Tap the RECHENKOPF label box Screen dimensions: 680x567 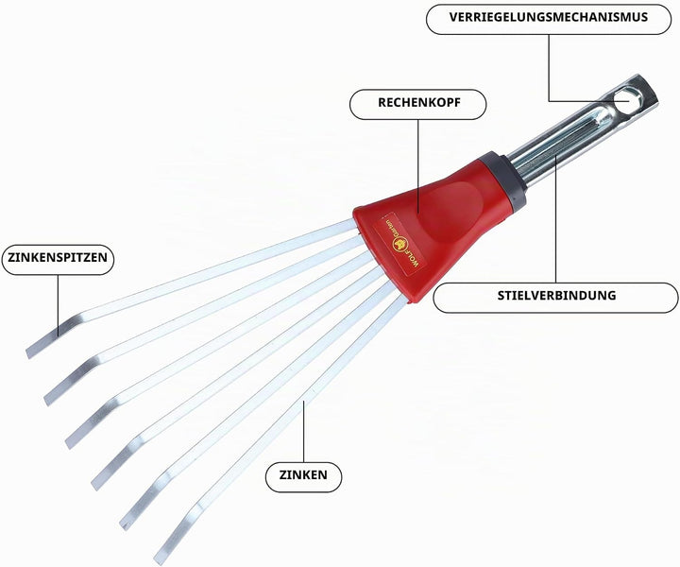[x=418, y=104]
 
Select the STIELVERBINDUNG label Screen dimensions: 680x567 [x=555, y=298]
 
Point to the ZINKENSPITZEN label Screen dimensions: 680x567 [x=58, y=260]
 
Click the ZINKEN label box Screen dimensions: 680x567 [x=303, y=477]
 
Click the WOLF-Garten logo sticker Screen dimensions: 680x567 [x=399, y=243]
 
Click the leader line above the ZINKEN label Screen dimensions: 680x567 [x=303, y=432]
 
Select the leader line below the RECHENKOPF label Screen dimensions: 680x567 [x=418, y=165]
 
